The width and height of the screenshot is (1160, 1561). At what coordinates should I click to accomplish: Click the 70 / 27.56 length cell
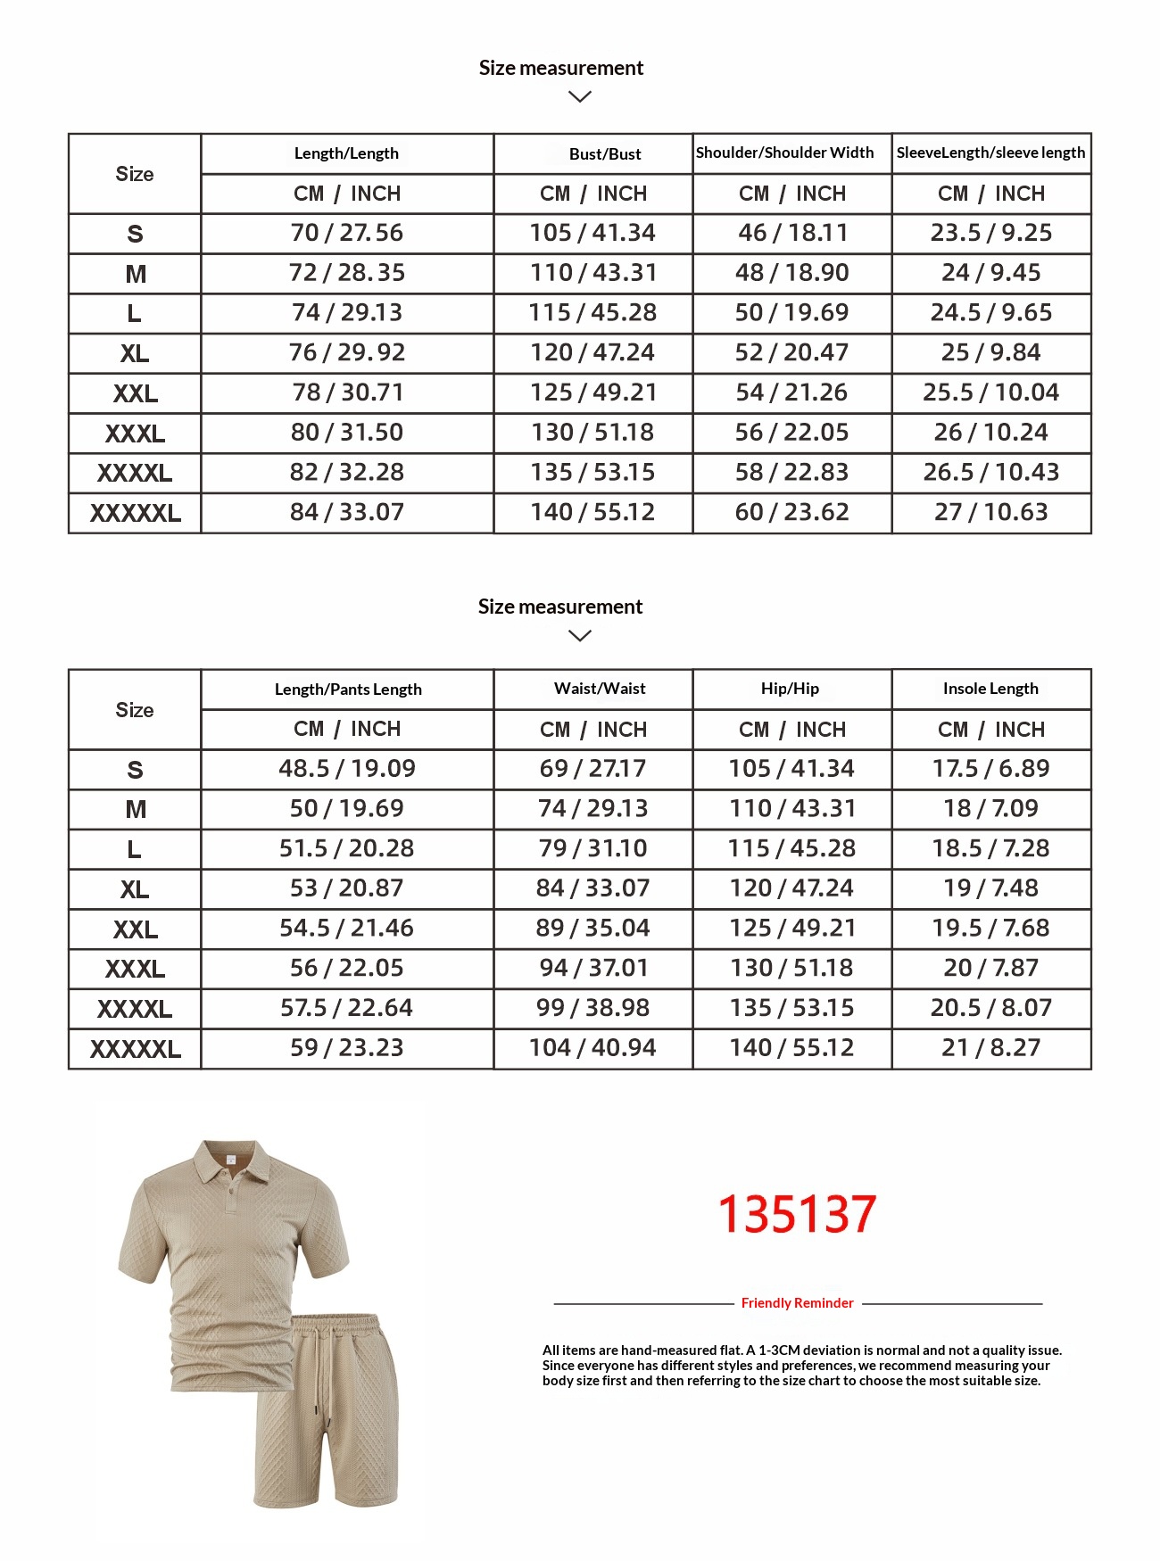point(346,233)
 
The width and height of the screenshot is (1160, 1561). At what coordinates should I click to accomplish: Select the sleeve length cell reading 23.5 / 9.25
point(990,233)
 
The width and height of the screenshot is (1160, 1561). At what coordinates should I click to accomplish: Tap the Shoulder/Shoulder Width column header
point(784,153)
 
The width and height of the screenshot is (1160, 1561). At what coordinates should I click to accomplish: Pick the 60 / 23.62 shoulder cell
point(791,512)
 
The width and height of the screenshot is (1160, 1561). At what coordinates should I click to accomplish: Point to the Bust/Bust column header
point(605,153)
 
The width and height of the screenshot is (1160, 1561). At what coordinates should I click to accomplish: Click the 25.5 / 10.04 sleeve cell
point(990,392)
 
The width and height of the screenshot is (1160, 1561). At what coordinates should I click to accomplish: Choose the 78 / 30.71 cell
point(346,392)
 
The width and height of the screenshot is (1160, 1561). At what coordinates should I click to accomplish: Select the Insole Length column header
point(990,689)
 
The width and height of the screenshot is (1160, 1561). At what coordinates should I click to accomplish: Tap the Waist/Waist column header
point(600,689)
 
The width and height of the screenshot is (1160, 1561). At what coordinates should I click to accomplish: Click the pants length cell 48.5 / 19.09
point(346,769)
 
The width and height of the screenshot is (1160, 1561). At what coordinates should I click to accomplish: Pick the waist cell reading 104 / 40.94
point(592,1048)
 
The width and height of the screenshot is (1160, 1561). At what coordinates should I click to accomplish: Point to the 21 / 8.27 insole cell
point(990,1048)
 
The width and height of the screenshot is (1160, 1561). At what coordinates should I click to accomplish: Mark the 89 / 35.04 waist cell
point(592,929)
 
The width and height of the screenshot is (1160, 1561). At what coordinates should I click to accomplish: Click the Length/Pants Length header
point(348,690)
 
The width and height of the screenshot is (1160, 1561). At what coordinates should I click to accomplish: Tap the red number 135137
point(797,1214)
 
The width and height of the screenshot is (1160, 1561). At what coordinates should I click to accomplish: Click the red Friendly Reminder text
point(797,1303)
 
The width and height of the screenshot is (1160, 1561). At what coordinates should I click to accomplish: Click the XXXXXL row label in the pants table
point(136,1049)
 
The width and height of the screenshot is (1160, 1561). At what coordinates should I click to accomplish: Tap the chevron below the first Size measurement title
point(580,96)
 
